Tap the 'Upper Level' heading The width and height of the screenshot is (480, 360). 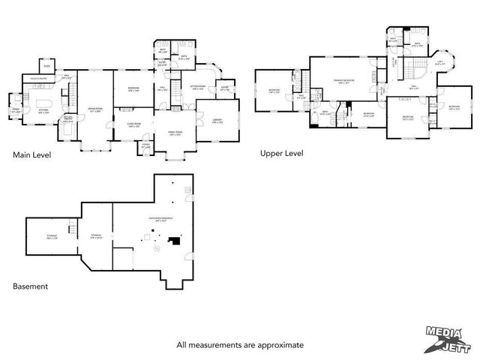tap(281, 153)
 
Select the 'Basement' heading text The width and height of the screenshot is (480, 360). tap(31, 286)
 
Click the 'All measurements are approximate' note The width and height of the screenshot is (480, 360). tap(240, 345)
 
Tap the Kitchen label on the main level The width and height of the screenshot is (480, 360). tap(43, 110)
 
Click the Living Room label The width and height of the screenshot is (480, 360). tap(135, 125)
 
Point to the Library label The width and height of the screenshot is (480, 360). tap(217, 121)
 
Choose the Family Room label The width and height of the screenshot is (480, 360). tap(175, 132)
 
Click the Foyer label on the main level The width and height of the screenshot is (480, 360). tap(146, 146)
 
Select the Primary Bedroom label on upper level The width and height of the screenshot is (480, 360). tap(344, 80)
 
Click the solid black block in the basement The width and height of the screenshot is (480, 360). tap(175, 241)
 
